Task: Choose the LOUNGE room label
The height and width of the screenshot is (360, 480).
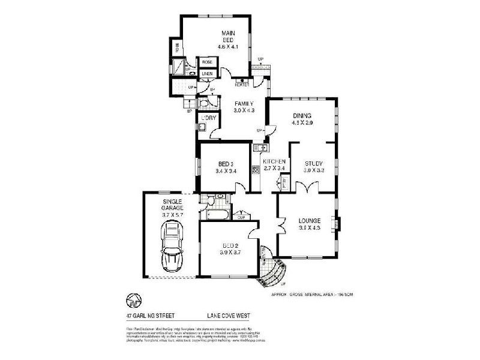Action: click(x=310, y=224)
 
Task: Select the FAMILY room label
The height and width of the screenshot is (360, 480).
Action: click(x=244, y=107)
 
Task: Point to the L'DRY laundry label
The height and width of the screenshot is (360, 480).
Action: click(x=208, y=118)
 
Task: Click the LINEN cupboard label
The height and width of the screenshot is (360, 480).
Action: click(x=207, y=74)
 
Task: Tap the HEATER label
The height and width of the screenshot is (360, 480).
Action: click(x=242, y=84)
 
